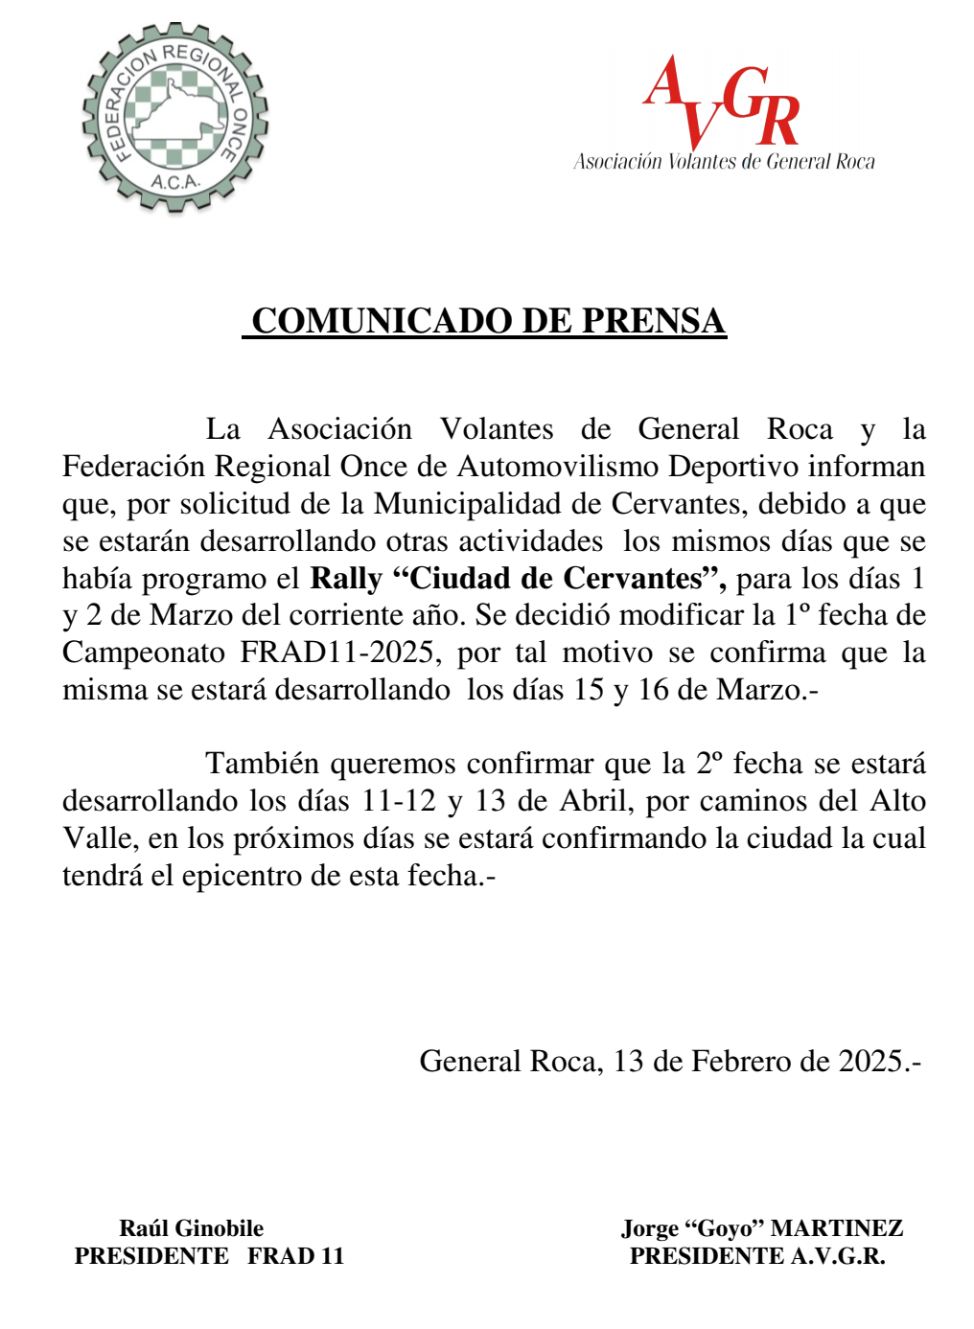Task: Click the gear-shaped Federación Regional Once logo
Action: tap(175, 118)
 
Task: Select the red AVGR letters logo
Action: tap(722, 103)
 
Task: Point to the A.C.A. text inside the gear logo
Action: tap(174, 181)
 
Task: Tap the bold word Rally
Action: tap(346, 579)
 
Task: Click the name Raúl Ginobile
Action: tap(192, 1228)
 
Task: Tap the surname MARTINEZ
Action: tap(837, 1228)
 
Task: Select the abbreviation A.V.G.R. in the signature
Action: tap(838, 1256)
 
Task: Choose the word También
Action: tap(262, 764)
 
